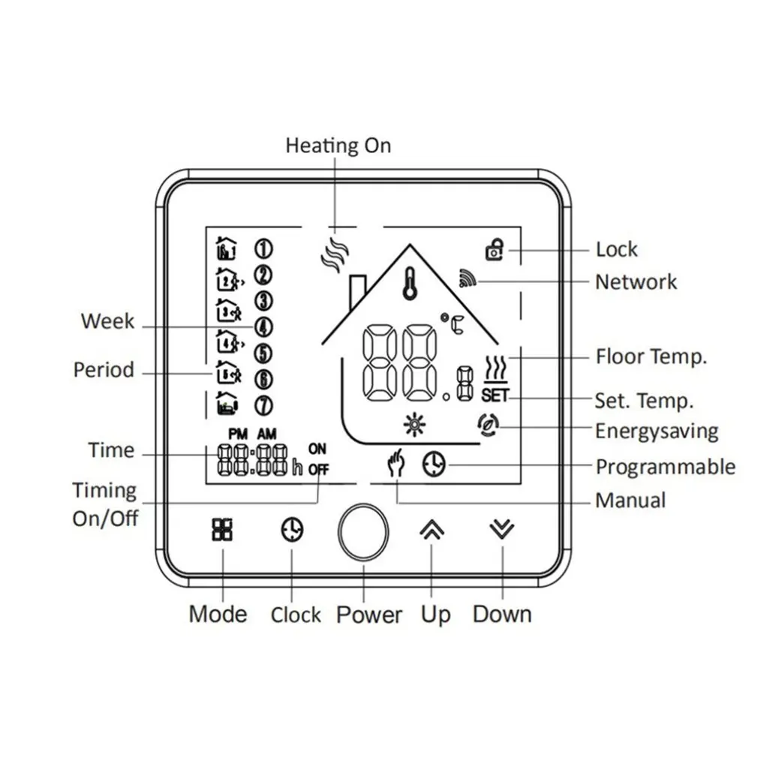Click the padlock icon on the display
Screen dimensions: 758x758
click(494, 249)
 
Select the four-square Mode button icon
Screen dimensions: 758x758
click(223, 529)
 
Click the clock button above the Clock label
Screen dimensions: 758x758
click(293, 530)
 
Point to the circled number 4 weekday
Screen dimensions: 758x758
click(263, 326)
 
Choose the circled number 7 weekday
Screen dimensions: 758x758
click(263, 405)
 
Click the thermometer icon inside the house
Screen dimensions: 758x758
click(409, 284)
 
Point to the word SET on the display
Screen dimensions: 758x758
click(495, 395)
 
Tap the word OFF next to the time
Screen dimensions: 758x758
click(318, 471)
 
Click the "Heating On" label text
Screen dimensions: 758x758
click(338, 145)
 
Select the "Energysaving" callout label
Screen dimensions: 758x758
click(657, 432)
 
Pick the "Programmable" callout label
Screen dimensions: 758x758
click(665, 467)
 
